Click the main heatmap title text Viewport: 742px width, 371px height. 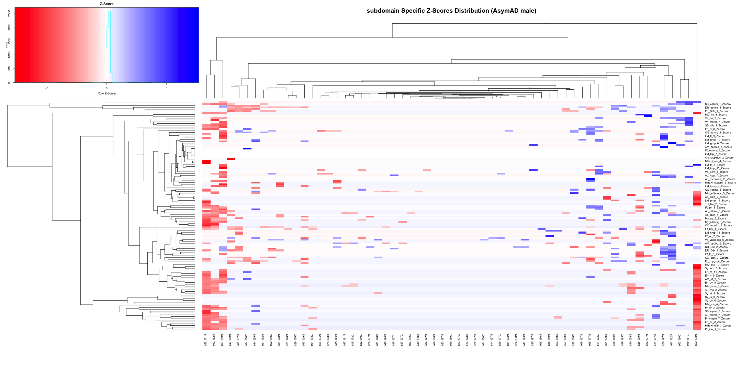tap(451, 11)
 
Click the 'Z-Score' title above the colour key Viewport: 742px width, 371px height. tap(106, 4)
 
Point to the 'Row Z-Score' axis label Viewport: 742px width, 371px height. tap(106, 93)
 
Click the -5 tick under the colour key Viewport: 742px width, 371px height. tap(47, 88)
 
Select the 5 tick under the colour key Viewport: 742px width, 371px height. tap(167, 88)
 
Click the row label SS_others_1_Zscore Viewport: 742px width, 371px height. tap(718, 104)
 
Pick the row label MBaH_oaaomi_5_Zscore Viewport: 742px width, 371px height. tap(720, 183)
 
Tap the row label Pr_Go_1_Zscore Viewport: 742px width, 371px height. tap(715, 329)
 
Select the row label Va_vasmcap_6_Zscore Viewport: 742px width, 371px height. tap(719, 240)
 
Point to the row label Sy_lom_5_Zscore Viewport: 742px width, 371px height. tap(715, 268)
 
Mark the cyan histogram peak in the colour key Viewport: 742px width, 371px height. tap(109, 12)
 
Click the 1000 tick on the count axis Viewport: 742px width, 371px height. tap(9, 55)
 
